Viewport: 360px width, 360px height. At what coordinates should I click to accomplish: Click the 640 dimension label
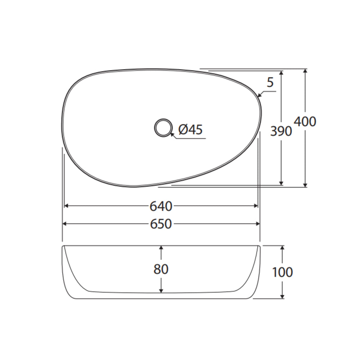pyautogui.click(x=161, y=206)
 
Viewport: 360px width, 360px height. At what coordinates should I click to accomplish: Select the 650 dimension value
pyautogui.click(x=161, y=224)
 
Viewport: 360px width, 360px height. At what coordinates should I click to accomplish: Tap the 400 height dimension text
pyautogui.click(x=305, y=121)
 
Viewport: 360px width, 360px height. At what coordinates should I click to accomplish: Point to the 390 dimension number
pyautogui.click(x=281, y=131)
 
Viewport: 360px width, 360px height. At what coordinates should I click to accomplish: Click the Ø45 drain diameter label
pyautogui.click(x=190, y=130)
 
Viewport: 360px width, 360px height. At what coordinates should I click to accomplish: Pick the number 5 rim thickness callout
pyautogui.click(x=270, y=82)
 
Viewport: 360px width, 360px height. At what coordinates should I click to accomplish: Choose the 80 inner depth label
pyautogui.click(x=161, y=269)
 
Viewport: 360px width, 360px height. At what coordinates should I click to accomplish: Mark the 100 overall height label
pyautogui.click(x=282, y=272)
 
